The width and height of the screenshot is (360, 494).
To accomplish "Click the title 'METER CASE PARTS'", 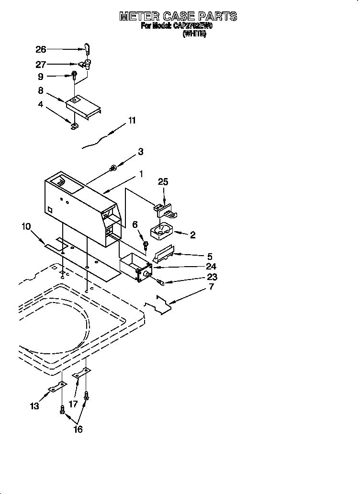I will click(x=178, y=16).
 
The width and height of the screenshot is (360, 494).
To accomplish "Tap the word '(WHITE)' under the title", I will click(x=194, y=34).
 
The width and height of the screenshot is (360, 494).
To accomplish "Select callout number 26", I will click(x=41, y=49).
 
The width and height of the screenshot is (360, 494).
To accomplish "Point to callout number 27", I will click(x=41, y=65).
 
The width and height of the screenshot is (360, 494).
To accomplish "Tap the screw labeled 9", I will click(x=75, y=76).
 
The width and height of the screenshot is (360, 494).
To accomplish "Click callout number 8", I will click(x=41, y=90).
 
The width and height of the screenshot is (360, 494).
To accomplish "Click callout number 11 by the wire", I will click(x=132, y=121).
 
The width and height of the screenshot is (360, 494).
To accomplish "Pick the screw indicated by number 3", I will click(x=113, y=168).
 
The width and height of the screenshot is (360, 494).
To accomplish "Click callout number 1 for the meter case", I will click(x=141, y=175).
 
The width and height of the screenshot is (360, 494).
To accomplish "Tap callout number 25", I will click(x=163, y=182).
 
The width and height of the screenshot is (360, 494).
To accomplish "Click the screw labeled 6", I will click(x=146, y=246).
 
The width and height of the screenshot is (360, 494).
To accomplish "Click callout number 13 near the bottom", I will click(x=35, y=406).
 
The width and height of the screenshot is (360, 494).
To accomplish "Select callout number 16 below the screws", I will click(x=78, y=429).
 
